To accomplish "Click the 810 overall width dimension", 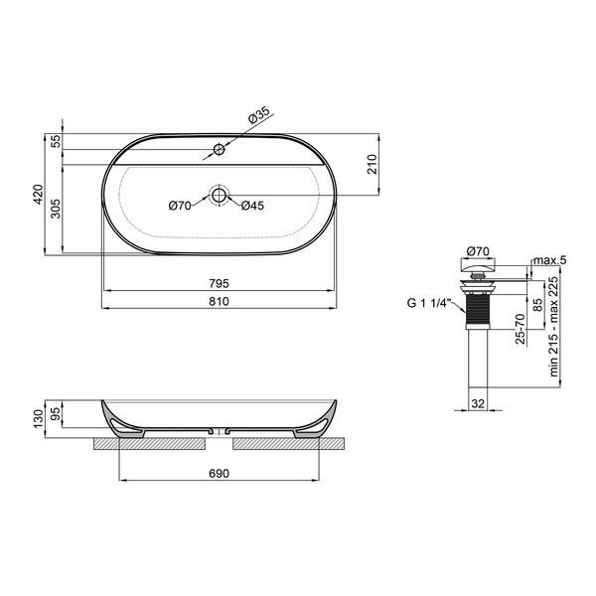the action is click(x=219, y=301).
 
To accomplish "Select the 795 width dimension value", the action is click(x=219, y=283).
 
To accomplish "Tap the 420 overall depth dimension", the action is click(x=39, y=195).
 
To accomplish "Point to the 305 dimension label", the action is click(x=56, y=209).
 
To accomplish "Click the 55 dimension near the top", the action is click(x=56, y=141).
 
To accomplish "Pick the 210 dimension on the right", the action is click(x=372, y=164).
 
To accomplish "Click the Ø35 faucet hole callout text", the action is click(x=259, y=115).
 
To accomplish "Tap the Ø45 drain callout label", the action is click(x=252, y=206).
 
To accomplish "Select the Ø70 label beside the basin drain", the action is click(x=180, y=206).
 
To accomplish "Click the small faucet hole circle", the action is click(x=219, y=149).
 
